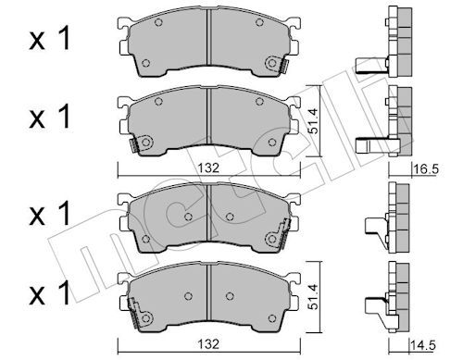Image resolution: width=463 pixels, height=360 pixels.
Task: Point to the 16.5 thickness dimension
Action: point(425,170)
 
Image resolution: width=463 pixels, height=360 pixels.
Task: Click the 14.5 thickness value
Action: point(425,344)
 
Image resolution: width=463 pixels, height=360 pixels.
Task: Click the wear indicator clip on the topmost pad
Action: point(275,64)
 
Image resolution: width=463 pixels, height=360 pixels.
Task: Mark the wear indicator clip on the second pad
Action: point(141,144)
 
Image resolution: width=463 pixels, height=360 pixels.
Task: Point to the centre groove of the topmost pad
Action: point(209,46)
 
